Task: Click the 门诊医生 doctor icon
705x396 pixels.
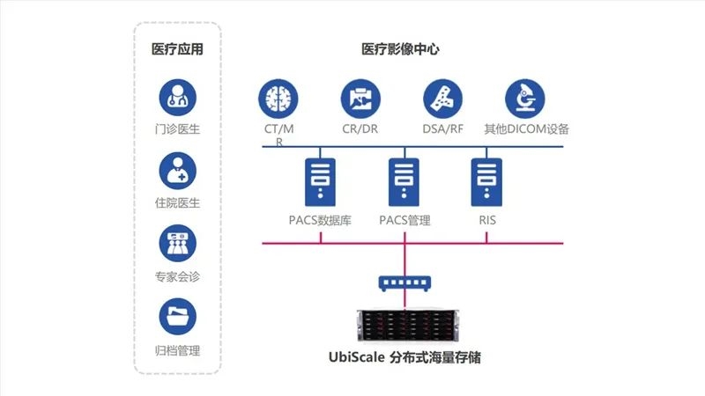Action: pyautogui.click(x=178, y=98)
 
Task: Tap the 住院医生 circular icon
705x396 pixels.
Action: pyautogui.click(x=178, y=171)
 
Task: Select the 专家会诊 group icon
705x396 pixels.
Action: pyautogui.click(x=178, y=244)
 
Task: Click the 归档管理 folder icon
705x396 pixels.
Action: pyautogui.click(x=178, y=317)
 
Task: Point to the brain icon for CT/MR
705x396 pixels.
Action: pyautogui.click(x=278, y=99)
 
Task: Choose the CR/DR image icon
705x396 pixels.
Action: pyautogui.click(x=360, y=99)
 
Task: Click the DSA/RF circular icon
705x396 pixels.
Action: pyautogui.click(x=443, y=99)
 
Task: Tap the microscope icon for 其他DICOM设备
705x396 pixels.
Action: pyautogui.click(x=525, y=99)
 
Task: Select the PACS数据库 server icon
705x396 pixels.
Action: pyautogui.click(x=320, y=182)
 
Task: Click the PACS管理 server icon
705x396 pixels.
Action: pyautogui.click(x=404, y=182)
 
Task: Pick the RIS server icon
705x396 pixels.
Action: pyautogui.click(x=486, y=182)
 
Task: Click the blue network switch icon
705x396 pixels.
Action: pyautogui.click(x=404, y=283)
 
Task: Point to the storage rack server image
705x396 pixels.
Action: pyautogui.click(x=408, y=326)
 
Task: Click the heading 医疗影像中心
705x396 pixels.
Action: pyautogui.click(x=400, y=49)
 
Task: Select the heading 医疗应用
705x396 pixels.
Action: pyautogui.click(x=178, y=49)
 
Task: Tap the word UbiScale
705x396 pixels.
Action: pyautogui.click(x=357, y=357)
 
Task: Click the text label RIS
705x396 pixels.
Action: pyautogui.click(x=487, y=220)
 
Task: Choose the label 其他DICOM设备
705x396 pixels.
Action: pyautogui.click(x=526, y=129)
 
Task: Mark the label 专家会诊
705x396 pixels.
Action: pyautogui.click(x=178, y=276)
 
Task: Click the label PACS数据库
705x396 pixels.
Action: pyautogui.click(x=320, y=221)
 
